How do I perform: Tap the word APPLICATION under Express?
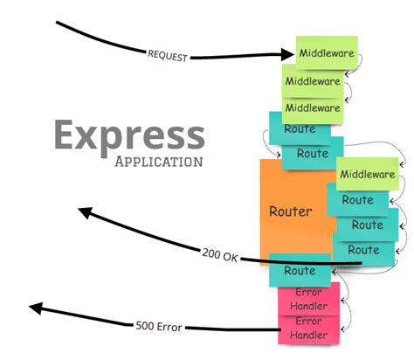coord(159,162)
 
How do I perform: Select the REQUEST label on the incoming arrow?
coord(167,53)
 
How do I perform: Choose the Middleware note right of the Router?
coord(366,174)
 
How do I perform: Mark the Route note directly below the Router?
coord(300,270)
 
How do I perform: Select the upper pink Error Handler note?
coord(308,297)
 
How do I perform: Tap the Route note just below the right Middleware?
coord(358,200)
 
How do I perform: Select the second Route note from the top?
coord(312,154)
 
